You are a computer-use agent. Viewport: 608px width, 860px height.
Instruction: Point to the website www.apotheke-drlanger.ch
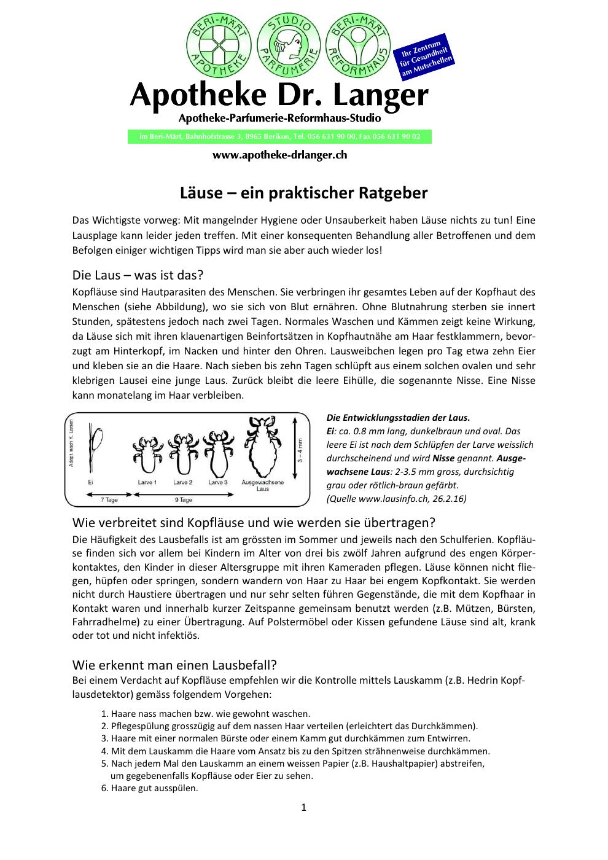click(x=279, y=155)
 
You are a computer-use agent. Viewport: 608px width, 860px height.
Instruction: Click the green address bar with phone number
click(x=279, y=136)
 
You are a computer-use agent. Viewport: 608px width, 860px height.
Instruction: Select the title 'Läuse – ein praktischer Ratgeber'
click(x=303, y=193)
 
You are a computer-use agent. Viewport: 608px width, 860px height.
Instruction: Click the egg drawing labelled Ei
click(x=95, y=448)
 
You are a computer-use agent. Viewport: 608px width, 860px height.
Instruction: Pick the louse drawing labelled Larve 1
click(x=147, y=455)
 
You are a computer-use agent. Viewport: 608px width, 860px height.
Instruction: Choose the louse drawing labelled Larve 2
click(x=183, y=453)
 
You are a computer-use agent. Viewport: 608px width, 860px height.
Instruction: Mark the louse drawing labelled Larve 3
click(x=218, y=452)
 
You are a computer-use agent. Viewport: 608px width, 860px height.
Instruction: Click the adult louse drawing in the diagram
click(x=262, y=445)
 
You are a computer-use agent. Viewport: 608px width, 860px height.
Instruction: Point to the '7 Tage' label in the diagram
click(x=109, y=500)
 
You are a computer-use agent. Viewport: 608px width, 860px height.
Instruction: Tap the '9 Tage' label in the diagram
click(x=183, y=500)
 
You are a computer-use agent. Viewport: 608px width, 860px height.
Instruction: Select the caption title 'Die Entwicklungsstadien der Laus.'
click(x=398, y=418)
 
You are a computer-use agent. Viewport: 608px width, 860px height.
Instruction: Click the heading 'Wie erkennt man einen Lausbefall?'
click(x=174, y=665)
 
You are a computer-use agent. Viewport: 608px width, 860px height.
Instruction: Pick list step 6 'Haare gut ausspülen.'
click(x=150, y=788)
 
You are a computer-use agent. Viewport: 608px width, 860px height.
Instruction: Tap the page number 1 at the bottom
click(x=303, y=807)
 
